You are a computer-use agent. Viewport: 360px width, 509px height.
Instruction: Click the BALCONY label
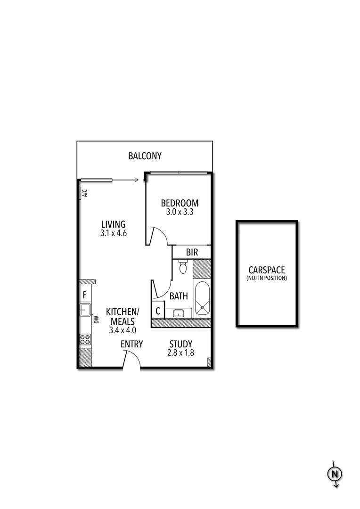click(x=145, y=156)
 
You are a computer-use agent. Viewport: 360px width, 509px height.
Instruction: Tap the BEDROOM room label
click(x=180, y=203)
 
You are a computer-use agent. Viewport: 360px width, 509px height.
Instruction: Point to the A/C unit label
click(x=85, y=193)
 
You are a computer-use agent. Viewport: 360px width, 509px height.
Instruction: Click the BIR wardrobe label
click(x=192, y=252)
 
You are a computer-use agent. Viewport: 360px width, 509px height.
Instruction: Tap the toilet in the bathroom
click(x=183, y=268)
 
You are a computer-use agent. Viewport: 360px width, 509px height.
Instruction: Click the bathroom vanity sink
click(x=179, y=313)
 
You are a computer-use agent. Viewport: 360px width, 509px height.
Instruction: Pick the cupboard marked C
click(x=158, y=312)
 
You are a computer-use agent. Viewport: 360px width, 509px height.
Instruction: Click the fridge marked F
click(x=85, y=296)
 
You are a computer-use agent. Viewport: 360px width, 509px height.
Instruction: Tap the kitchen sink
click(x=85, y=310)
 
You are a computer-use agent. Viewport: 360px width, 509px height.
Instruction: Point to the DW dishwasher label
click(x=96, y=320)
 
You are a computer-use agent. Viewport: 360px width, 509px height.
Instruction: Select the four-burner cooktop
click(x=85, y=340)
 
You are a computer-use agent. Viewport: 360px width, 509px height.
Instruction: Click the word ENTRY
click(x=131, y=344)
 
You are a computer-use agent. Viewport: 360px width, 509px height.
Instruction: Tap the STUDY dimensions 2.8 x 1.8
click(x=181, y=353)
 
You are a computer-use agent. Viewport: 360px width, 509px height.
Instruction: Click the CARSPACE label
click(x=266, y=271)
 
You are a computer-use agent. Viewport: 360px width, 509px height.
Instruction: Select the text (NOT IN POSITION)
click(x=266, y=279)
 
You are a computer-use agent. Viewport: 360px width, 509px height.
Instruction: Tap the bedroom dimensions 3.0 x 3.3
click(x=180, y=212)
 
